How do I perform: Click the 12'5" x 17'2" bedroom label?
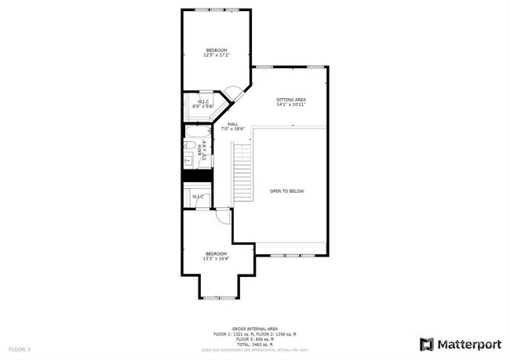click(x=216, y=53)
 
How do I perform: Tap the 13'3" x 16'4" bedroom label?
click(x=217, y=256)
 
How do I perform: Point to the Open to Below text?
click(x=286, y=191)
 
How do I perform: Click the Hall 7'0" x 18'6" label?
click(x=234, y=126)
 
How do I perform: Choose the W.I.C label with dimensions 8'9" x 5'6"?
click(x=203, y=104)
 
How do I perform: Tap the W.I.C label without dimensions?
click(x=198, y=196)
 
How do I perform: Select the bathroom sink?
click(x=188, y=162)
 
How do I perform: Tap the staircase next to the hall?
click(x=243, y=175)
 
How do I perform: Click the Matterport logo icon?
click(x=427, y=344)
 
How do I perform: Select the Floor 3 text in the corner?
click(x=20, y=348)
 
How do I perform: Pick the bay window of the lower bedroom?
click(x=217, y=297)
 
